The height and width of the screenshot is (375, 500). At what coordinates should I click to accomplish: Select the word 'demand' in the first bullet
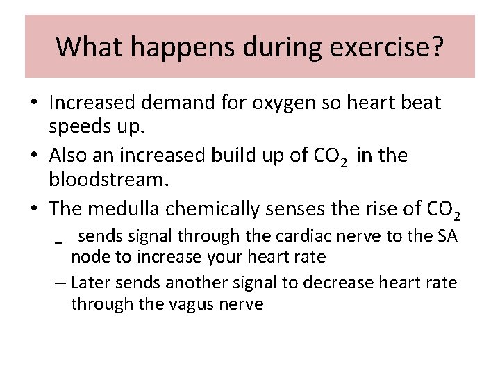tap(186, 103)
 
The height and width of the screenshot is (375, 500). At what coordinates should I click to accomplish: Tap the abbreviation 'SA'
tap(446, 236)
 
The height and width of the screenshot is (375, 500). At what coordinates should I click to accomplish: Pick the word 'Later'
tap(91, 283)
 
